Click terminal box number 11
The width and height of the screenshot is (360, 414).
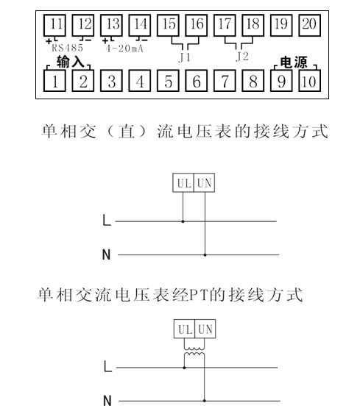pos(54,25)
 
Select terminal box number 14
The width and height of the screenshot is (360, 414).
pos(140,25)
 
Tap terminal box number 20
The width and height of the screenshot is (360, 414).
pos(309,25)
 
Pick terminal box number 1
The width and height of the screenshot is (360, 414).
pos(54,81)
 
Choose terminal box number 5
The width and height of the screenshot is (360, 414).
pos(168,81)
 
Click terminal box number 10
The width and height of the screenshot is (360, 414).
pos(309,81)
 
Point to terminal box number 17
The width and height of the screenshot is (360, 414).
pos(225,25)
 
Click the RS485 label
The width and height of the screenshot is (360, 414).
pos(67,48)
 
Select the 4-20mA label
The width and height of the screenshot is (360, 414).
pos(124,49)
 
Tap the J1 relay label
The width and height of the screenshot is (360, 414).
pos(184,57)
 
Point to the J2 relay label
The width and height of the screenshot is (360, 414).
pos(242,56)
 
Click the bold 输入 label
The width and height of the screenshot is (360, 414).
pos(70,62)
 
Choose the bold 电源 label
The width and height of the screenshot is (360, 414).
pos(294,63)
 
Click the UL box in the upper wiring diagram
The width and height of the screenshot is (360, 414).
pos(183,182)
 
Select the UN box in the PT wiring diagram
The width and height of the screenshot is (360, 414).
pos(205,329)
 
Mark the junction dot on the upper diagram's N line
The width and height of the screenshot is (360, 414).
pos(205,255)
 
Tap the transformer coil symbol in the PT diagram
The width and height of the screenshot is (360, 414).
pos(194,351)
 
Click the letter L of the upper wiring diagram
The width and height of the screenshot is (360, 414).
pos(107,220)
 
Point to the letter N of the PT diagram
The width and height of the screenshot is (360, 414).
pos(107,401)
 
